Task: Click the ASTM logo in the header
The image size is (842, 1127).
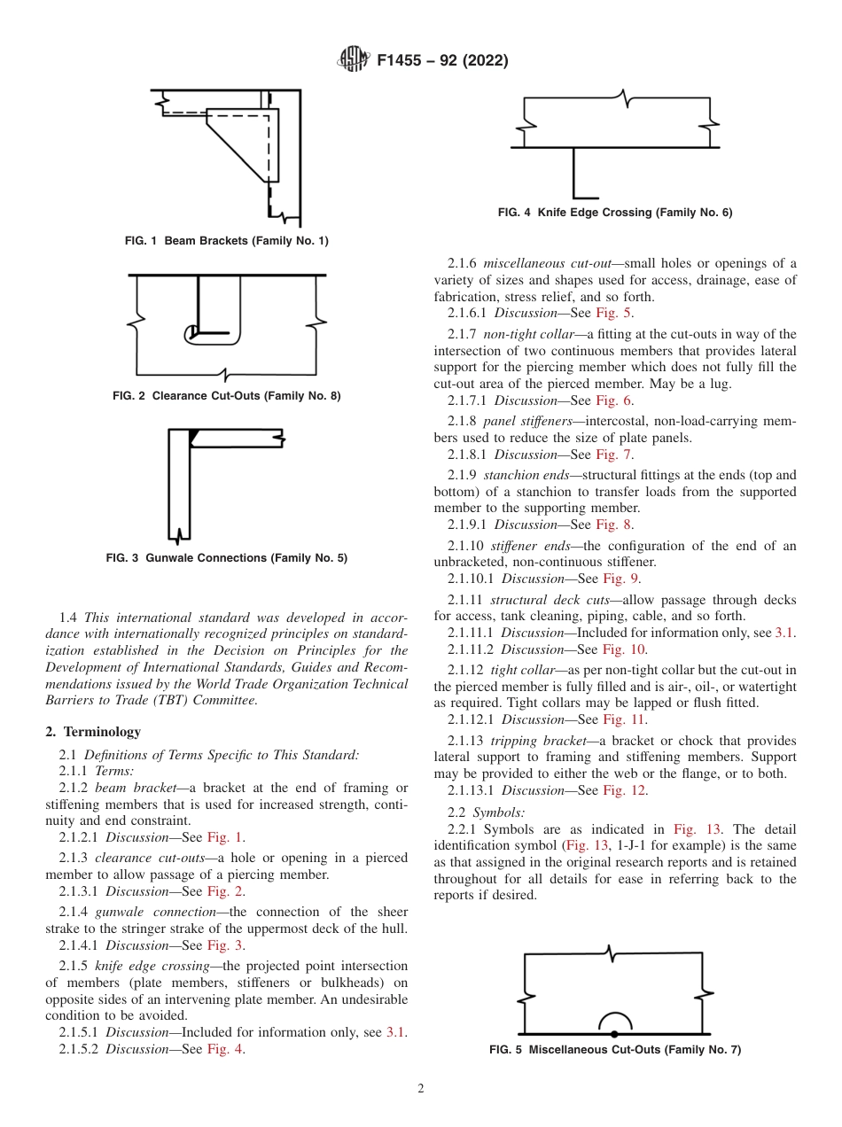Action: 353,60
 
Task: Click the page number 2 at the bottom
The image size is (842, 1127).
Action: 421,1089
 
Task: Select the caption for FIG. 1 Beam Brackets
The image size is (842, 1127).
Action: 227,241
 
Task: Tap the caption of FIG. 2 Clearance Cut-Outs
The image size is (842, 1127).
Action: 226,396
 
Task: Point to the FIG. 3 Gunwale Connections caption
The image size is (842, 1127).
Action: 227,558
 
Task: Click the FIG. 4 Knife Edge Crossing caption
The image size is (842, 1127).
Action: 615,213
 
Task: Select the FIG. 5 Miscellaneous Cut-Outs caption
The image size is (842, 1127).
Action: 615,1050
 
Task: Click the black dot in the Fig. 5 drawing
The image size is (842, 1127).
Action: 613,1034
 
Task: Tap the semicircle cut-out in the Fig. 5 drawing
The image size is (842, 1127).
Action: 613,1022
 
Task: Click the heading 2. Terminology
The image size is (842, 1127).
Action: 93,732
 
